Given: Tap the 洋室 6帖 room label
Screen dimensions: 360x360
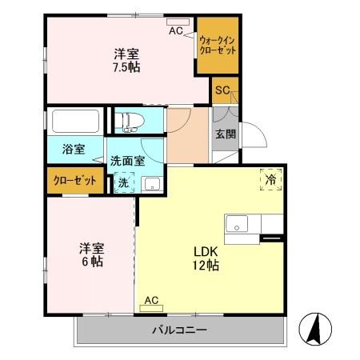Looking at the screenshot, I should coord(90,254).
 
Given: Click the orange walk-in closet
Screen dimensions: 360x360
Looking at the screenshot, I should coord(218,44).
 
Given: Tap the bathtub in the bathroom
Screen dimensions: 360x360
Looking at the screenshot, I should coord(75,122).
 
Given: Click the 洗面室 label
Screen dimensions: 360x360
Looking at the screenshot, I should coord(127,161).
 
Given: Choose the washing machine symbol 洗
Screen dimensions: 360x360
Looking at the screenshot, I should coord(122,182).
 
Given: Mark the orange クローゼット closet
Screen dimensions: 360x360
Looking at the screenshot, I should coord(75,181).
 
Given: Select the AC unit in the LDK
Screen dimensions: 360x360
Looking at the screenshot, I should coord(151,301).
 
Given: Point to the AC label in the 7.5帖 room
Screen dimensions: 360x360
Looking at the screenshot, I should coord(176,30).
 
